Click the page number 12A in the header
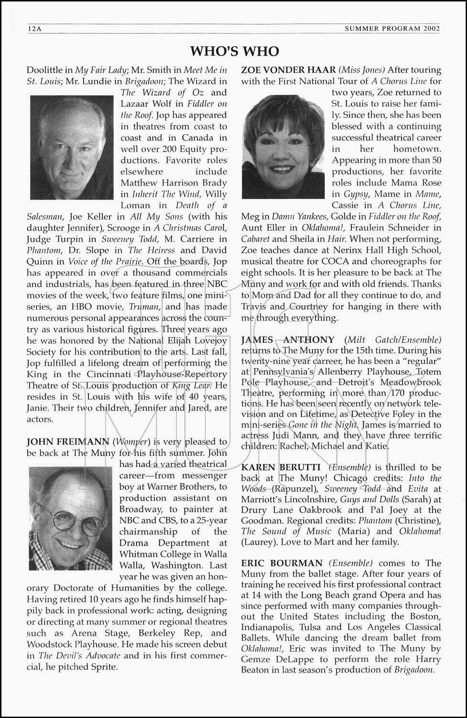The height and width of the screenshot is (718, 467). (x=35, y=29)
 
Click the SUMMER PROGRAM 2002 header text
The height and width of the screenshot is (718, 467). (x=392, y=29)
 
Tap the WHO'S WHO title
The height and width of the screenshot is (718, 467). (x=234, y=51)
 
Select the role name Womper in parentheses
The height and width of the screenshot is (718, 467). (x=129, y=441)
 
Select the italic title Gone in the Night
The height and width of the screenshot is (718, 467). (x=323, y=425)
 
